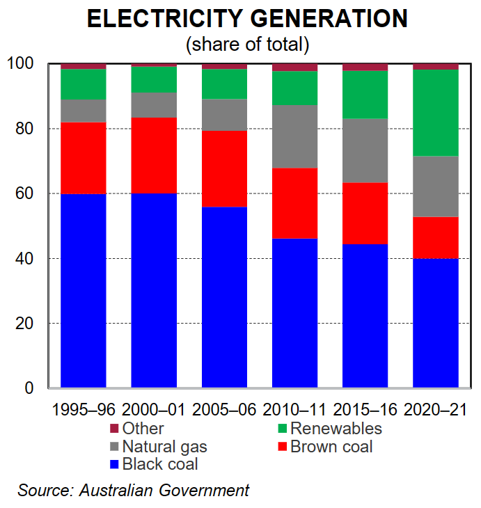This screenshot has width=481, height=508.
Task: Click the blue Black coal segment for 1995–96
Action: [84, 290]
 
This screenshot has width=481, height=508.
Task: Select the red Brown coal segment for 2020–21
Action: [435, 237]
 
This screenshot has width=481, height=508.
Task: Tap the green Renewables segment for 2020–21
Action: [435, 113]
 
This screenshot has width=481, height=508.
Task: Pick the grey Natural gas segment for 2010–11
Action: [294, 136]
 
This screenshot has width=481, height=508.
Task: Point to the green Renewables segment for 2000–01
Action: [154, 79]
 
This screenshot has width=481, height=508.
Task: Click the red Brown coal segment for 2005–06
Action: [224, 168]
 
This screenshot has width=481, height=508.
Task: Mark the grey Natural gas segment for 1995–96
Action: [84, 111]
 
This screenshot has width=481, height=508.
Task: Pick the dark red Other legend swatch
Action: [115, 429]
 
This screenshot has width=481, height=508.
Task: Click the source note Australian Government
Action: [164, 490]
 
